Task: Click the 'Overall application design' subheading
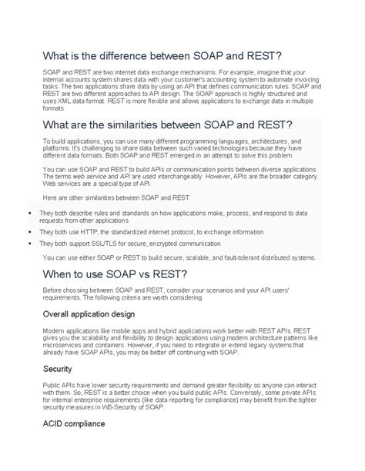[89, 313]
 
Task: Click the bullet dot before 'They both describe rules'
[28, 211]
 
